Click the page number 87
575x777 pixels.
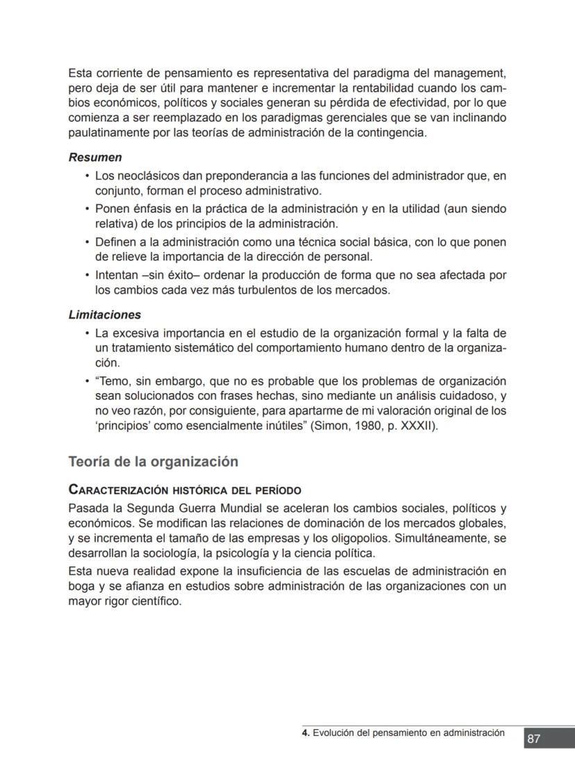(533, 739)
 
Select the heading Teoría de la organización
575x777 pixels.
(153, 462)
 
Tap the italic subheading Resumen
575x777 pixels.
(95, 158)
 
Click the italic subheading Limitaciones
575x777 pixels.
(104, 315)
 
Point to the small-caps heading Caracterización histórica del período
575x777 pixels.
(185, 490)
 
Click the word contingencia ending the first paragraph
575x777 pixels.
(391, 133)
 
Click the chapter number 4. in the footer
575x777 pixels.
(306, 733)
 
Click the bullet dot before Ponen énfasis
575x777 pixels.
(87, 209)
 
